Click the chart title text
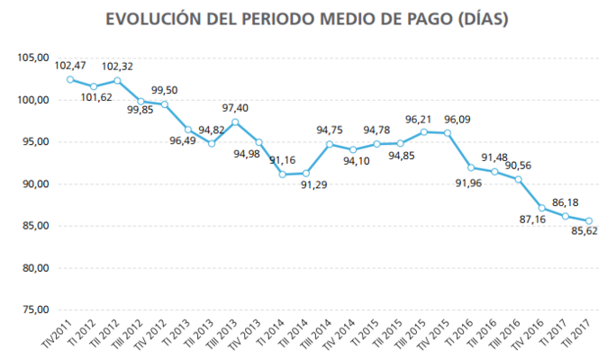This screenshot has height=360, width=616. coord(307,19)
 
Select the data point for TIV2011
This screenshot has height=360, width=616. coord(70,79)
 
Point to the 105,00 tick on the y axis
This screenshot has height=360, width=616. coord(32,58)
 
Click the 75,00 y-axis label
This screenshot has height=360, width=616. coord(32,310)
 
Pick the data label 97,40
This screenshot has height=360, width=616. coord(234,108)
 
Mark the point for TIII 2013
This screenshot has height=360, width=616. coord(235,122)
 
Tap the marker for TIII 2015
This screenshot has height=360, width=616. coord(424,132)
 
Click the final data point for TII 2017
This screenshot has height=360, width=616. coord(589,220)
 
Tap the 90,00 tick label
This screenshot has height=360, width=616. coord(32,184)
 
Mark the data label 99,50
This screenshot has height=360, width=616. coord(164,90)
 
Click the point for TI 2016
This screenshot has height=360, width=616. coord(471,167)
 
